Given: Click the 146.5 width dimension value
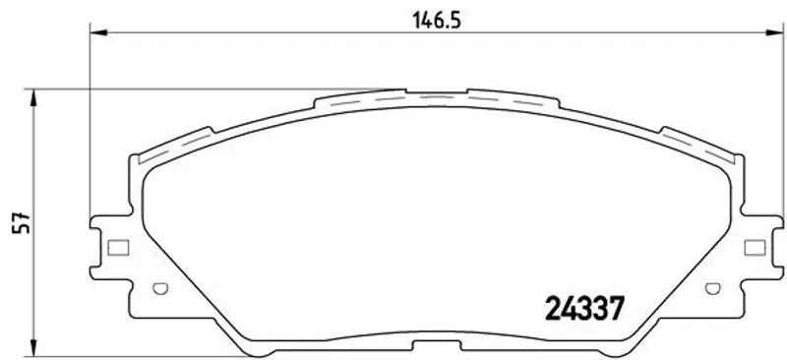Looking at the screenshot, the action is tap(436, 21).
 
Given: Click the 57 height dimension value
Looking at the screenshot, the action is tap(23, 223).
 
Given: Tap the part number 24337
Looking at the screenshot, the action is tap(584, 308).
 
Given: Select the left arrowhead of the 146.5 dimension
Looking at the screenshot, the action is tap(98, 32).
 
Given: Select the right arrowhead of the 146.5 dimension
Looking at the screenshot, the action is tap(774, 32).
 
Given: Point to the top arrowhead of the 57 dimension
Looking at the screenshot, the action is tap(33, 98).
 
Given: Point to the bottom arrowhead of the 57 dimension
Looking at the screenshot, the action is tap(33, 347).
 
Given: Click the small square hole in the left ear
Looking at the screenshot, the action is tap(118, 247).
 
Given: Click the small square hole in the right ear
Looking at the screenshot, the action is tap(755, 247).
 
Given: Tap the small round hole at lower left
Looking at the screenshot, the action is tap(160, 289).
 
